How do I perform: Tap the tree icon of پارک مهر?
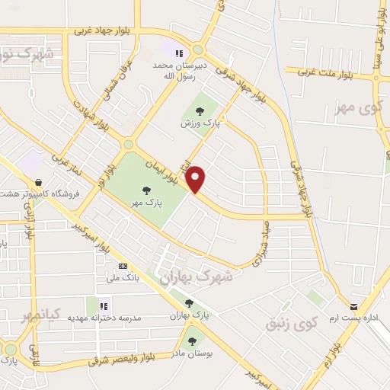click(146, 190)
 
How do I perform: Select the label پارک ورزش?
click(195, 123)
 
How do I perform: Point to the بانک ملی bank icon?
click(123, 266)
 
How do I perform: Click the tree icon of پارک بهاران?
click(189, 303)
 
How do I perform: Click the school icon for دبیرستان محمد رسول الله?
click(178, 53)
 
